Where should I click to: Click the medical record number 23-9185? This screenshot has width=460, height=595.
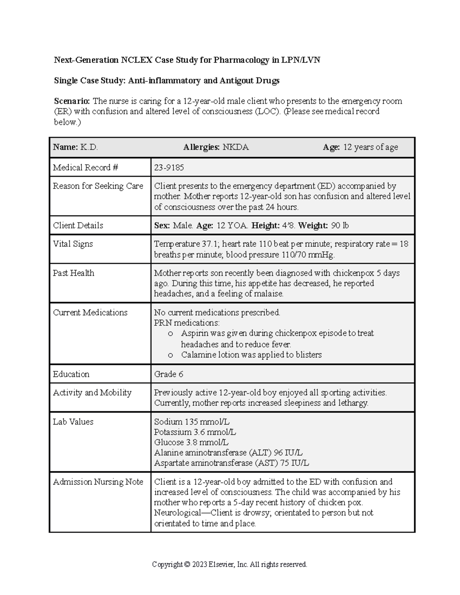169,167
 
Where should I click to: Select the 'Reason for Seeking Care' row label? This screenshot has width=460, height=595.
98,186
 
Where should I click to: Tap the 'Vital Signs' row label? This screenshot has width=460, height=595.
73,244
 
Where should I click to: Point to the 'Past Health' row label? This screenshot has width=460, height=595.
73,273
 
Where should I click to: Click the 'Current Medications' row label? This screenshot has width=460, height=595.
90,312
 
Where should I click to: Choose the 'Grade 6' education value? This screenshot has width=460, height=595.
168,374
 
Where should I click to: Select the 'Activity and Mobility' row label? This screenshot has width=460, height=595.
92,392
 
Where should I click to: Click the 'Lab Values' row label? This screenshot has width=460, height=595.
73,421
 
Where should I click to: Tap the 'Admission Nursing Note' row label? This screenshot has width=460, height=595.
98,482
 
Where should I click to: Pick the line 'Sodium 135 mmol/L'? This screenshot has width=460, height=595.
192,422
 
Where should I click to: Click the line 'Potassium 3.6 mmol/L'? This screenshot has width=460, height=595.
195,432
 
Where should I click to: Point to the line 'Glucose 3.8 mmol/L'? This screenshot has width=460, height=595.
191,443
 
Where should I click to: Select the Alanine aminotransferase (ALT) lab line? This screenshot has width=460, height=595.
228,452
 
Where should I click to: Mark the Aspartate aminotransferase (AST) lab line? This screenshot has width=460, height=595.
231,463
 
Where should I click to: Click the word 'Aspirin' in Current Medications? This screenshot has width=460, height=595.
194,333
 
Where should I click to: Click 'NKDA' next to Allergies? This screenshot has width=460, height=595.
236,147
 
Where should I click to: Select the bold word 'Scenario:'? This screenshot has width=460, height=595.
72,101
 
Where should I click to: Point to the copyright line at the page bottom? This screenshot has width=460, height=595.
230,564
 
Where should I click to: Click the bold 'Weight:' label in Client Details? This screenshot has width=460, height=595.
313,225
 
